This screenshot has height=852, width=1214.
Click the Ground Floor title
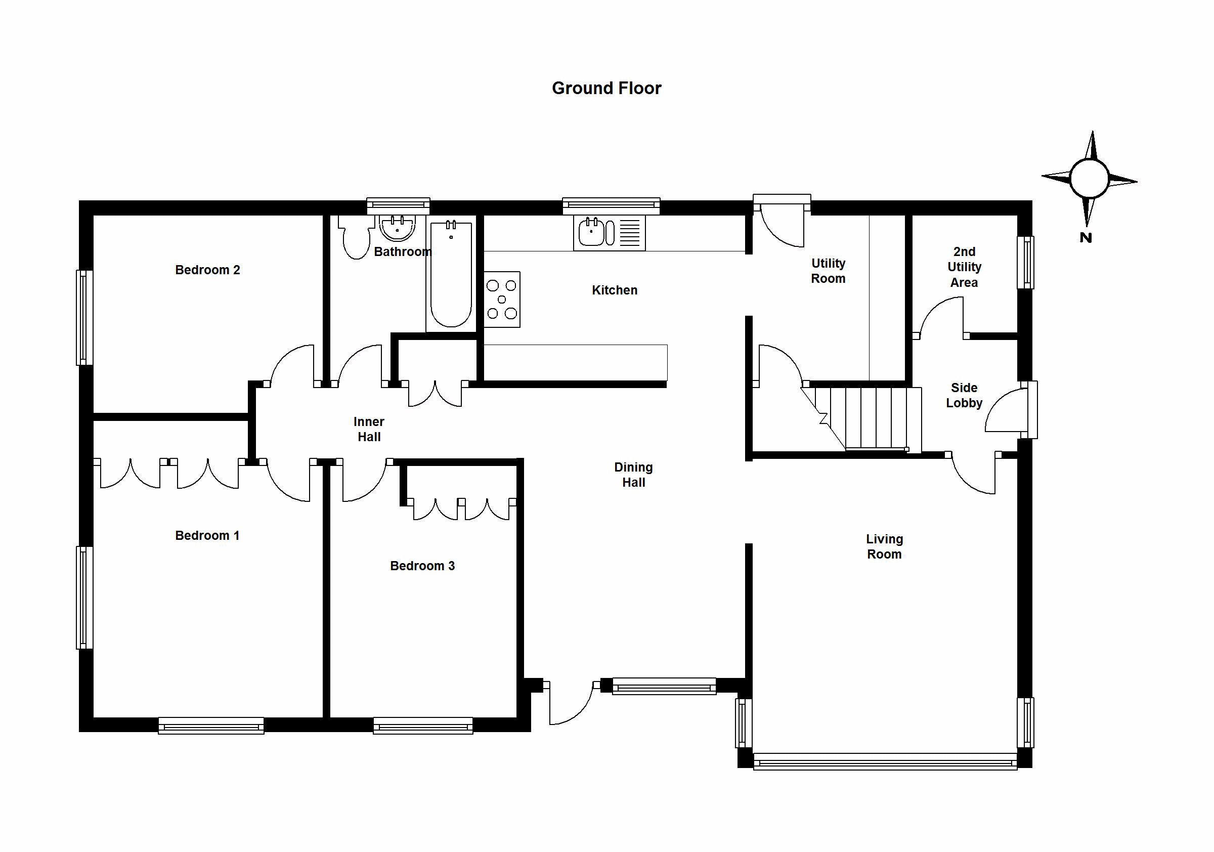point(606,88)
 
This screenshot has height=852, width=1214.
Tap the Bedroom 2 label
point(207,270)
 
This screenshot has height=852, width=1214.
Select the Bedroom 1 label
point(207,535)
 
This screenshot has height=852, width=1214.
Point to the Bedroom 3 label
point(422,565)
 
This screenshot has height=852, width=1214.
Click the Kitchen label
point(615,290)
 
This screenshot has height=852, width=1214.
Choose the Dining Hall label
point(633,475)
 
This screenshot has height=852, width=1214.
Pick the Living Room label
point(885,546)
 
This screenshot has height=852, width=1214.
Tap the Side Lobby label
point(964,395)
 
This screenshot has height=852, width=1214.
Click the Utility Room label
point(828,271)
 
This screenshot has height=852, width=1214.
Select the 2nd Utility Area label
point(964,267)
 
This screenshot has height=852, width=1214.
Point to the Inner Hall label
point(369,429)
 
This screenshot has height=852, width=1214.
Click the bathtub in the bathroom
point(451,275)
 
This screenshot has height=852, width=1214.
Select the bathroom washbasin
point(398,228)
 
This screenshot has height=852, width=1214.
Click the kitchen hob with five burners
point(502,300)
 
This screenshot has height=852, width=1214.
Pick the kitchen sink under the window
point(609,233)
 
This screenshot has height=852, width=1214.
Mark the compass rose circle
point(1089,179)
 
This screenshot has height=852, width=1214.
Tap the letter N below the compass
point(1086,237)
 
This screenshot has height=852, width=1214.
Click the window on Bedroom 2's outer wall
point(84,318)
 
